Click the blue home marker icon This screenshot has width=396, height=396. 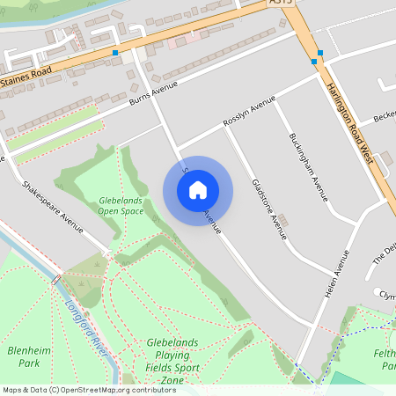pyautogui.click(x=198, y=190)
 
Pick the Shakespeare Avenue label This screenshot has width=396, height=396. pyautogui.click(x=52, y=206)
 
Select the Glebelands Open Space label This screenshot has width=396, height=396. pyautogui.click(x=121, y=205)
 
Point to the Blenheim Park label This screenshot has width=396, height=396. pyautogui.click(x=24, y=356)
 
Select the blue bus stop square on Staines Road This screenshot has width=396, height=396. pyautogui.click(x=115, y=53)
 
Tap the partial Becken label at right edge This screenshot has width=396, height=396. pyautogui.click(x=385, y=117)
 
